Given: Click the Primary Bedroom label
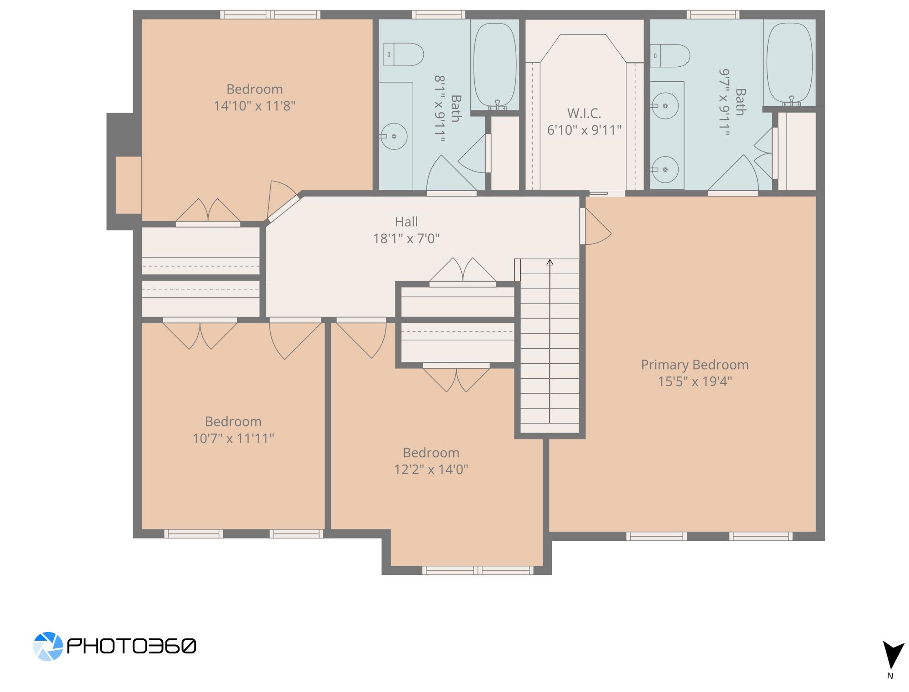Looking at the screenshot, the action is coord(695,365).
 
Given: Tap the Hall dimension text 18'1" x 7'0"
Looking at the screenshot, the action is coord(406,238).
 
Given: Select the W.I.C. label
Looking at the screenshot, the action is coord(584,113).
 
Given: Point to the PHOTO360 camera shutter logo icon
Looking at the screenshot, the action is coord(48,646).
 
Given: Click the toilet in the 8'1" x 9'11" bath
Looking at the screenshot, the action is coord(404,54).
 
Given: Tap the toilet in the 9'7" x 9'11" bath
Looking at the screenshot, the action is coord(670,55).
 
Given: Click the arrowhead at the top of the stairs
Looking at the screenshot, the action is coord(550,262).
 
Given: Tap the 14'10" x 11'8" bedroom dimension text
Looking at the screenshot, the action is coord(255,106).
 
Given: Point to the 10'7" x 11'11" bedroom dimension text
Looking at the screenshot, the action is coord(233,438).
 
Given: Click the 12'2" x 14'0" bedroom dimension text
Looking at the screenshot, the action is coord(431,469).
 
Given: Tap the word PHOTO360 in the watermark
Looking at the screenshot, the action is coord(132,646).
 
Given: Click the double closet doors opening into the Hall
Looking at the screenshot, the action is coord(463,272).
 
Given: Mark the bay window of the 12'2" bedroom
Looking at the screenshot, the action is coord(478,570).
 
